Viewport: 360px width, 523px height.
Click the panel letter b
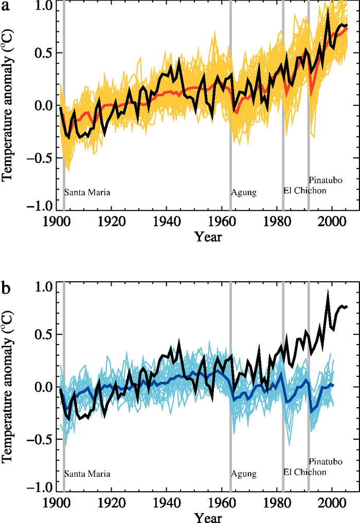coord(6,289)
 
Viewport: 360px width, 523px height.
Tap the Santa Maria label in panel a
coord(87,193)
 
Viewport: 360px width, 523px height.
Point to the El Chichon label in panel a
coord(305,190)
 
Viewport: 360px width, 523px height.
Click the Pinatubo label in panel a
coord(325,180)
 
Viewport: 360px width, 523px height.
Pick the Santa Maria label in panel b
coord(87,474)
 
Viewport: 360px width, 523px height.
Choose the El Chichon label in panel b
coord(305,472)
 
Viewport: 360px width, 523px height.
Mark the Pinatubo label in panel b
coord(325,461)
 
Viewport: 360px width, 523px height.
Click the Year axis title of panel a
coord(208,237)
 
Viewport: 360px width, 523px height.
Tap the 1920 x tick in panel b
coord(112,502)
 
